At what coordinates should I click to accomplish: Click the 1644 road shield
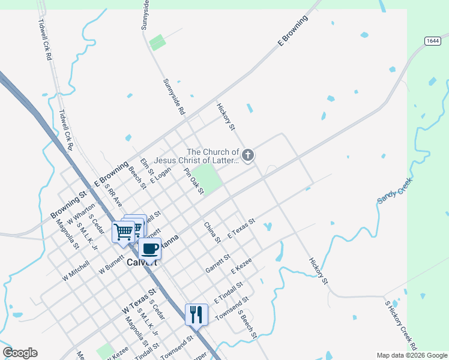(x=432, y=41)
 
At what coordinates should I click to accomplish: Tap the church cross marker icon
(x=247, y=155)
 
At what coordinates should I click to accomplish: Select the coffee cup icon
(x=149, y=248)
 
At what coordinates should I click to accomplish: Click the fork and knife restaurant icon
(x=196, y=314)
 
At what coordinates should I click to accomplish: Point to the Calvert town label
(x=143, y=262)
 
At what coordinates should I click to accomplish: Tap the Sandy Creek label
(x=394, y=190)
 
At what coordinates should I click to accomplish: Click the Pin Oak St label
(x=195, y=182)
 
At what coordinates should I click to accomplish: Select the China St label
(x=212, y=233)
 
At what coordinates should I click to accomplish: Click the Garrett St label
(x=218, y=262)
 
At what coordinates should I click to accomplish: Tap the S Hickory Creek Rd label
(x=401, y=323)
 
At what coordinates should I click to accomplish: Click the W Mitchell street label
(x=76, y=271)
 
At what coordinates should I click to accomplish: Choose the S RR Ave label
(x=113, y=196)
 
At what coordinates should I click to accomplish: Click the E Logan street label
(x=161, y=175)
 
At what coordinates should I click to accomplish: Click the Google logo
(x=20, y=353)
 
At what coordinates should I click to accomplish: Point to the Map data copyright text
(x=412, y=355)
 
